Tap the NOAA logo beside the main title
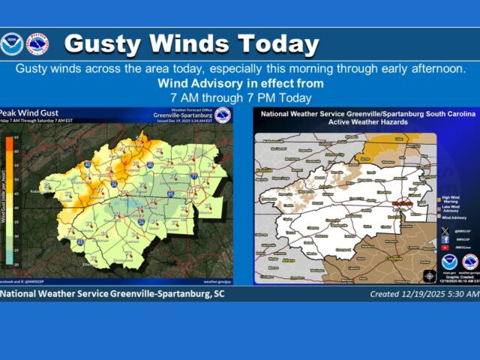coord(11,43)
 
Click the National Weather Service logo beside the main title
coord(37,43)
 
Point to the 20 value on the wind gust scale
coord(17,265)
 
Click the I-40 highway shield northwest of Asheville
coord(88,166)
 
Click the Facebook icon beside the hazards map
coord(445,239)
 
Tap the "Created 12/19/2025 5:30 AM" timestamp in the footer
coord(424,294)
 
